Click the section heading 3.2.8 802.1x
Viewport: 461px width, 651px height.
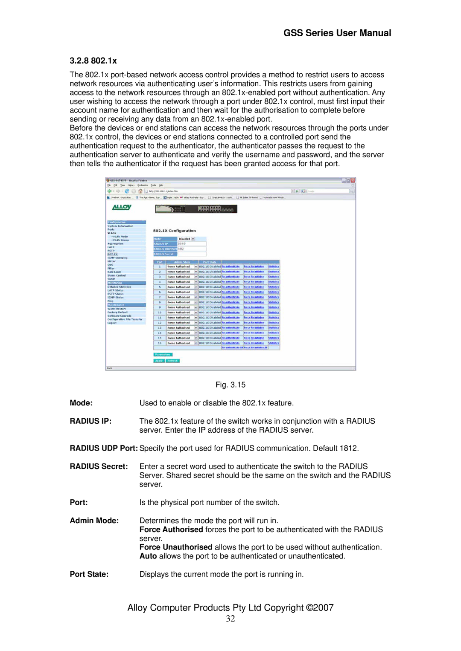[x=93, y=61]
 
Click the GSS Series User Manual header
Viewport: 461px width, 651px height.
[x=337, y=33]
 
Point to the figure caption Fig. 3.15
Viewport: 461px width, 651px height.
[x=230, y=385]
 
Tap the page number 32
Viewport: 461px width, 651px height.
[x=230, y=619]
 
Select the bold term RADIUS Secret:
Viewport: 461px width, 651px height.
[x=99, y=466]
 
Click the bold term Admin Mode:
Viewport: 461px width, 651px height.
[x=94, y=521]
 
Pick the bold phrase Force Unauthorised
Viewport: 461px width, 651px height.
[x=176, y=547]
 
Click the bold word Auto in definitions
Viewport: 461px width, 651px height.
[x=148, y=556]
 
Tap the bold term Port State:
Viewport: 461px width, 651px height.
[x=89, y=574]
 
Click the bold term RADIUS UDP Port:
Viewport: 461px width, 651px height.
[x=104, y=448]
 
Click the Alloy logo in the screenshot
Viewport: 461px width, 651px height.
[x=122, y=207]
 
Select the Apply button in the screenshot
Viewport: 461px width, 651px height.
[x=159, y=361]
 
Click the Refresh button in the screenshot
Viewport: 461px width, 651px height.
[x=172, y=361]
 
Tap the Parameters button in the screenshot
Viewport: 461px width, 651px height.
[x=163, y=354]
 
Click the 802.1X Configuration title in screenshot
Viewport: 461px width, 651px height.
[x=174, y=231]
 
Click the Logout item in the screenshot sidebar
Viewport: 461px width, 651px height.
[x=112, y=323]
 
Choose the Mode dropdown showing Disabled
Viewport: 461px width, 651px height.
[x=186, y=239]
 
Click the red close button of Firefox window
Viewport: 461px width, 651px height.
[x=353, y=180]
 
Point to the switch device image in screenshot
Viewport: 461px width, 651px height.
[x=196, y=209]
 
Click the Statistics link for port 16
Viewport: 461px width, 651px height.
[x=274, y=343]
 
